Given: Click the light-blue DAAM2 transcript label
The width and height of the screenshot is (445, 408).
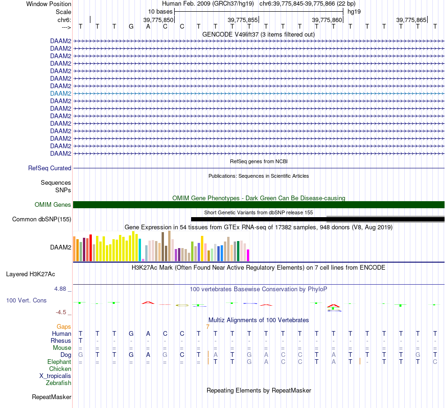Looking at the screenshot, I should [x=60, y=93].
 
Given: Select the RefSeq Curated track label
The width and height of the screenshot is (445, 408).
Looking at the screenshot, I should [x=50, y=168].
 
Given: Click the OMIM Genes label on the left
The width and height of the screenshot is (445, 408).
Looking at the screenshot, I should [x=53, y=204].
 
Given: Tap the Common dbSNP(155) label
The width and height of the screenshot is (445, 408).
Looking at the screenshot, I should [x=42, y=219].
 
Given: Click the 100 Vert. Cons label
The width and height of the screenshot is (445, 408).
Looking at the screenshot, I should [x=26, y=300].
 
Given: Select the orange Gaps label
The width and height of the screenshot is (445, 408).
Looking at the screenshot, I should [x=64, y=326].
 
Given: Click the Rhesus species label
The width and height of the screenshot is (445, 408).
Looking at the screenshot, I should [x=61, y=340].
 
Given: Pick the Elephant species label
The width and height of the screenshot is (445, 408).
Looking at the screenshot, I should [x=59, y=362].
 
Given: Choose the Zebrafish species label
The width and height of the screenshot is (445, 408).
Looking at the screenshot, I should [x=59, y=383].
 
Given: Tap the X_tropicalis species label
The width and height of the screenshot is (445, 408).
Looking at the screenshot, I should [x=55, y=376].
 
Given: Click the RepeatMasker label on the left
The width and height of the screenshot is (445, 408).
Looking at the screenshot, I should [x=52, y=397].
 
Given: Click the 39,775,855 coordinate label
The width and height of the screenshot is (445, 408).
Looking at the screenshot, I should [x=243, y=20].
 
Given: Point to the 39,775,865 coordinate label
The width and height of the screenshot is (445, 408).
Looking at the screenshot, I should [x=411, y=20].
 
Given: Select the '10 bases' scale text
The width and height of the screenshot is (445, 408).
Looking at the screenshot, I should [x=160, y=11].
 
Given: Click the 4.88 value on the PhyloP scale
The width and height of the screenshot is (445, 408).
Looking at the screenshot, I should [x=61, y=288].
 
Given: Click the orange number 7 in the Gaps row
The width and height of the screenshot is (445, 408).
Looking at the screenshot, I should [x=208, y=326].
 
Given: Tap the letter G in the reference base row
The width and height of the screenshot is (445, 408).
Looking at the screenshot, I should [x=131, y=26].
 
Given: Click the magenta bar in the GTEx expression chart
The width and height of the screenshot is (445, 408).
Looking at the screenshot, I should [x=248, y=255].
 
